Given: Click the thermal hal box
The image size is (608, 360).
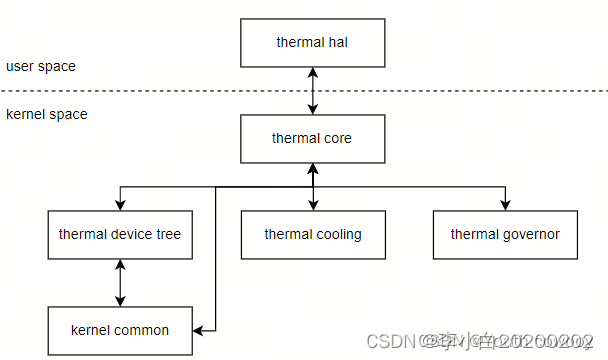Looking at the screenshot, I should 312,42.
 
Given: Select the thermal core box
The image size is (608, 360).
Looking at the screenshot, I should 312,139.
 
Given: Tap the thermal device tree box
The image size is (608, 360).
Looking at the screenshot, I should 120,235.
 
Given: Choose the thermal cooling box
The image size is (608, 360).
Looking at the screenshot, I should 312,235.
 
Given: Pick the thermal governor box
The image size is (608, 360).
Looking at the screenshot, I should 505,235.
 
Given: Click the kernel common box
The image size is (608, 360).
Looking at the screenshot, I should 120,330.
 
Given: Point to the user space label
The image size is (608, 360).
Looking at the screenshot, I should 40,66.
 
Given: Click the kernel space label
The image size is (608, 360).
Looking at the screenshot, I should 46,114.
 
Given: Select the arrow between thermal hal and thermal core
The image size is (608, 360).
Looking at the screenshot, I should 313,90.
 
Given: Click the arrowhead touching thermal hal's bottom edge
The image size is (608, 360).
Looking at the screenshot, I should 313,72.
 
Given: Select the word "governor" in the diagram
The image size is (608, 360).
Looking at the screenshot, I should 530,235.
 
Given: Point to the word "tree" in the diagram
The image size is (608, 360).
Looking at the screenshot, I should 166,235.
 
